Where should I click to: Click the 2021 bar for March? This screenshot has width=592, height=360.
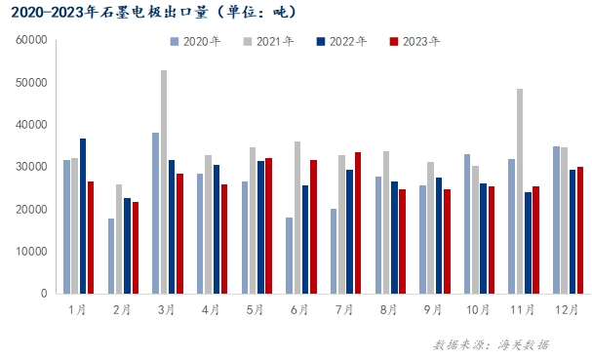[x=164, y=181]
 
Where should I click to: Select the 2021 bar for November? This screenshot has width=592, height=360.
[x=520, y=191]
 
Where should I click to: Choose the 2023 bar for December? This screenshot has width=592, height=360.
[x=579, y=229]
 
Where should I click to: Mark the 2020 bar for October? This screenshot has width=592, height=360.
[x=467, y=223]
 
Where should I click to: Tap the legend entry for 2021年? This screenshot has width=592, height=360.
[x=271, y=42]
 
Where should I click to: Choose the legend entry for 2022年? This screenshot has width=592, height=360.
[x=343, y=42]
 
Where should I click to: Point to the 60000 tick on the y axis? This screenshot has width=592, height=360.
[x=32, y=41]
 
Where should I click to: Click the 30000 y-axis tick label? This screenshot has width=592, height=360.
[x=32, y=167]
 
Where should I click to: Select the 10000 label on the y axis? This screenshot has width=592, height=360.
[x=32, y=251]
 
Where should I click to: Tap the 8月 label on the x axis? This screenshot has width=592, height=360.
[x=388, y=309]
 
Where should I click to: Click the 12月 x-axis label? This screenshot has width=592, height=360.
[x=566, y=309]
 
